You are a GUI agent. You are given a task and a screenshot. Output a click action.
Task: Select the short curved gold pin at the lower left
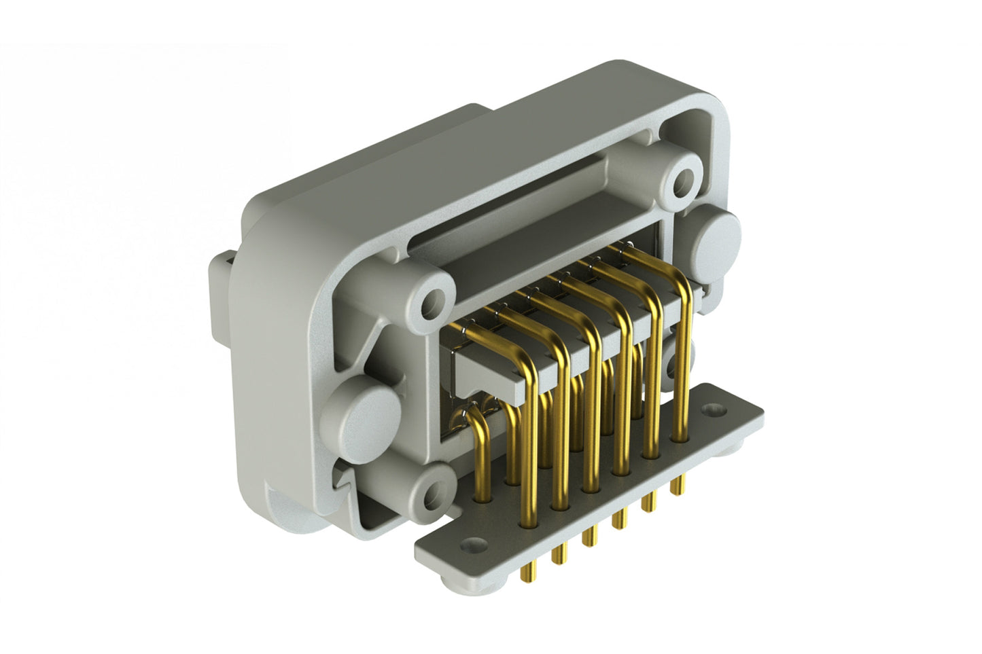click(478, 435)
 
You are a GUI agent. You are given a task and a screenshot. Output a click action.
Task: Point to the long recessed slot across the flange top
click(516, 204)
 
